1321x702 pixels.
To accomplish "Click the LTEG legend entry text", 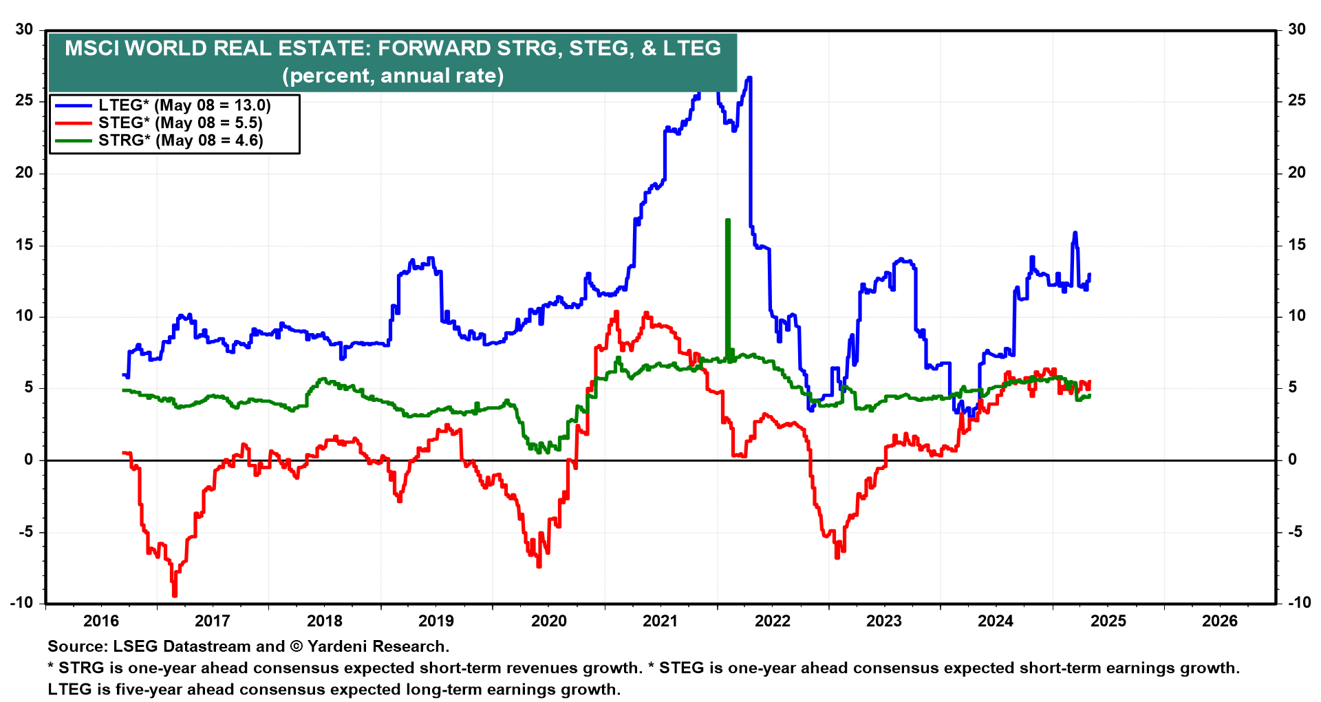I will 184,105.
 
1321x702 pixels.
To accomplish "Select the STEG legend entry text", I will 180,123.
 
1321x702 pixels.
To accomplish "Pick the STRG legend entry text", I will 180,140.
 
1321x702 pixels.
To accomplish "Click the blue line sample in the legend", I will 73,105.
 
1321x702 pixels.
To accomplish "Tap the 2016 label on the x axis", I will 101,621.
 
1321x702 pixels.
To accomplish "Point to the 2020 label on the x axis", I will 549,621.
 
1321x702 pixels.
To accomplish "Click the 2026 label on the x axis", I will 1220,621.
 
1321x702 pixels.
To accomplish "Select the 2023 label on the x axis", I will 884,621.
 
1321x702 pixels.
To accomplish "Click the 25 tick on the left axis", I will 25,100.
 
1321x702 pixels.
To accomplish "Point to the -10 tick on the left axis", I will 22,602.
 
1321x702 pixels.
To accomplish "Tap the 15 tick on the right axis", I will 1297,245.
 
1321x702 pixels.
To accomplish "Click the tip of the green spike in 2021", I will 727,220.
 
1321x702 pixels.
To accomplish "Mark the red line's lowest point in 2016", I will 175,595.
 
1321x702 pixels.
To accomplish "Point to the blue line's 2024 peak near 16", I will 1075,233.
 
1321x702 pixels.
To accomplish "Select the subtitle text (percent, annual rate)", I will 393,75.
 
